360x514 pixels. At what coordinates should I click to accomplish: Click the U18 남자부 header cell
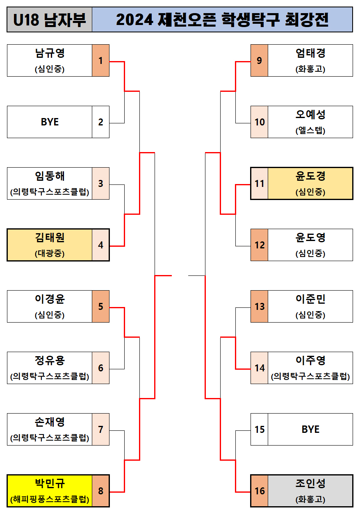[50, 20]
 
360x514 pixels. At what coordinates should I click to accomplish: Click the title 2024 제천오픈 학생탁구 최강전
[222, 20]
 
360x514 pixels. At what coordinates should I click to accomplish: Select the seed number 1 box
[101, 61]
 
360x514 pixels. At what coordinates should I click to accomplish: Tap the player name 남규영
[50, 53]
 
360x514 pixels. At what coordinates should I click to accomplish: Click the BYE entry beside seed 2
[50, 122]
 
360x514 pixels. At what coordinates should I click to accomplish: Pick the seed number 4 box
[101, 245]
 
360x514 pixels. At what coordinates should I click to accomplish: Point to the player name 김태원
[50, 238]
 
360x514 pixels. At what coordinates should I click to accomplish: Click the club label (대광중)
[50, 254]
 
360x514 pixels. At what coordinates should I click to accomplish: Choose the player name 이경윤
[50, 299]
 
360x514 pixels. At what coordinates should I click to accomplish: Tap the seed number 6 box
[101, 368]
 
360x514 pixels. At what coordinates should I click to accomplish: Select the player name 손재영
[50, 422]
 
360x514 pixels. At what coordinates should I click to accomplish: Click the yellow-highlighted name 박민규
[50, 484]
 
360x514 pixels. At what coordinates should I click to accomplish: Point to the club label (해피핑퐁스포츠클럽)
[50, 500]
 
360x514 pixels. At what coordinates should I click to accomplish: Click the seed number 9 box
[259, 61]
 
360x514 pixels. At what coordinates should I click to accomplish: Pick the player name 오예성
[310, 115]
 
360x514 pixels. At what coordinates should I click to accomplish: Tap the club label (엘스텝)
[310, 131]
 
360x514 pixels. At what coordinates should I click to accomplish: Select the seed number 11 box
[259, 184]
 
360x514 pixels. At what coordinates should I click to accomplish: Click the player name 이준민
[310, 299]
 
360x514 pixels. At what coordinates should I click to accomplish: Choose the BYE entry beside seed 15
[310, 430]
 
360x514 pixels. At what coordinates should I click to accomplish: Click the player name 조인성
[310, 484]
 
